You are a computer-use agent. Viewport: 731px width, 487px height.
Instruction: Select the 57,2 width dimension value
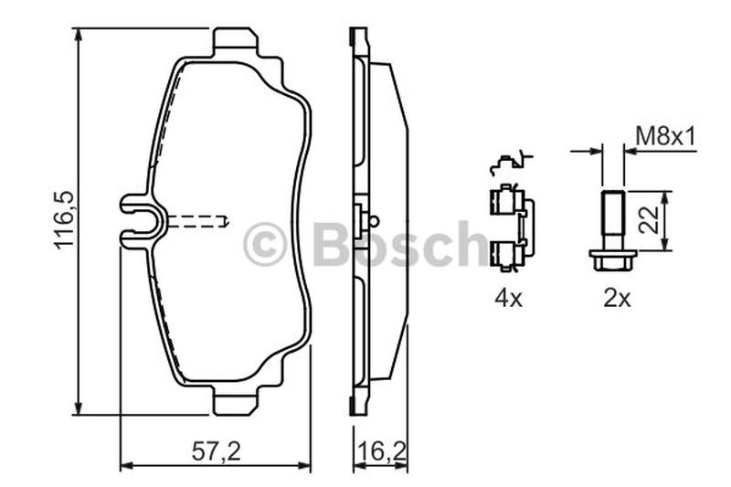[217, 451]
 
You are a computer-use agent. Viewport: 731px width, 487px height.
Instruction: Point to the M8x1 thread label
[666, 137]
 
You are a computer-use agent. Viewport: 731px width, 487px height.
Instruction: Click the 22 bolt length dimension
[650, 220]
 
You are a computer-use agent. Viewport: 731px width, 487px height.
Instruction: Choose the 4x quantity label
[509, 298]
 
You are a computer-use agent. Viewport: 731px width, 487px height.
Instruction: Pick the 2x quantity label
[616, 298]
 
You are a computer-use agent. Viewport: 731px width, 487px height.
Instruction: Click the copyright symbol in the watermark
[264, 244]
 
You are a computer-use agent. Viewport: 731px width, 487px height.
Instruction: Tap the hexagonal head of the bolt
[612, 260]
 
